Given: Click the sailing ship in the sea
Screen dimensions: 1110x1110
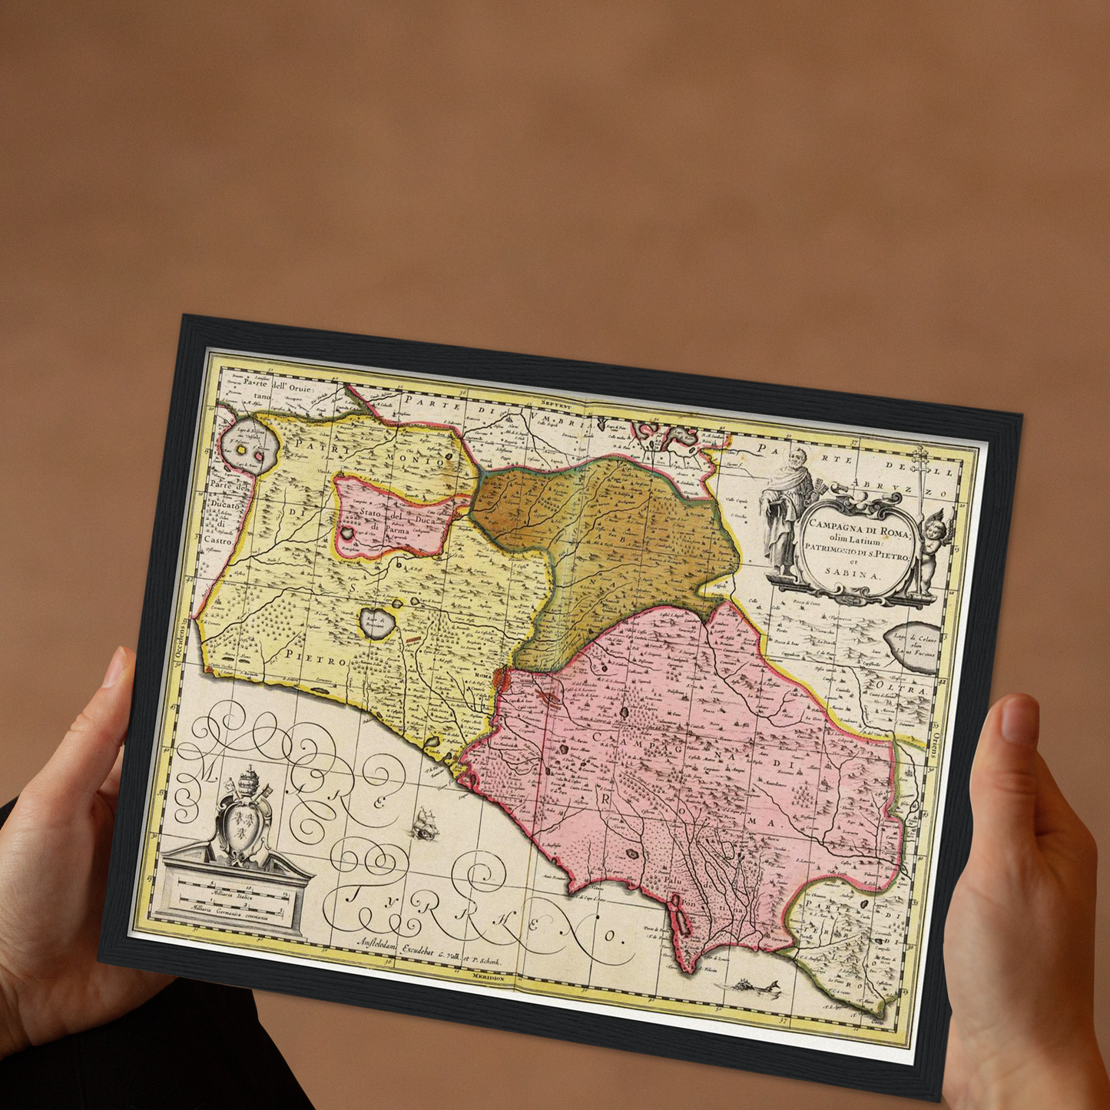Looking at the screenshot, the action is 423,824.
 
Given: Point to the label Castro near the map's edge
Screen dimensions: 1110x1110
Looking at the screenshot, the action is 218,540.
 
